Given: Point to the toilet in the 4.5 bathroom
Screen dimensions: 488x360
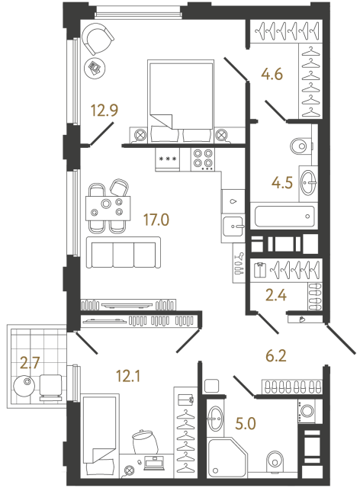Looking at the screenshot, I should pos(301,144).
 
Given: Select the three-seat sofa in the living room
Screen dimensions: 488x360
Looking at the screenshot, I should pos(122,252).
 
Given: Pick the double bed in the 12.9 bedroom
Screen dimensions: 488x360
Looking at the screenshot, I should pos(180,100).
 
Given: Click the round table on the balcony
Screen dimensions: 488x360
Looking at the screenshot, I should pos(28,385).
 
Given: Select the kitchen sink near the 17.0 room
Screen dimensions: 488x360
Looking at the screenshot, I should pos(233,225).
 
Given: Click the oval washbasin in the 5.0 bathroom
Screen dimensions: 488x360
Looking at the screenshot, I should pos(217,417).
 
